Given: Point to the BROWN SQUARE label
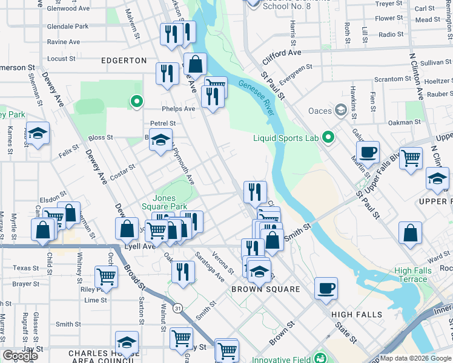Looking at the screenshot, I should (x=266, y=289).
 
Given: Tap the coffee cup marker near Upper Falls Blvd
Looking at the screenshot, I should (x=368, y=152).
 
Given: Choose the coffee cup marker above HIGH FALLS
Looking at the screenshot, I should (x=326, y=287).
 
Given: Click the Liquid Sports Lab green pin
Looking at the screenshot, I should (x=329, y=138).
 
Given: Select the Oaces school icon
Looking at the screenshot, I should (x=340, y=110).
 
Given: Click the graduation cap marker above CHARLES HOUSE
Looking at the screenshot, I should (x=127, y=342).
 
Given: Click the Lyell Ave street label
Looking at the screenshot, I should (x=140, y=246).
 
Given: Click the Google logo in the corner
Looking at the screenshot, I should (x=20, y=356).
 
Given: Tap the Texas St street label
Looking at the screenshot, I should (x=25, y=268).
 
